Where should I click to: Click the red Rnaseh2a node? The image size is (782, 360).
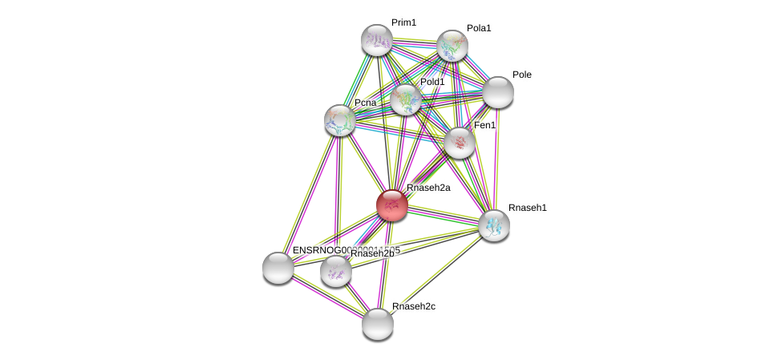[x=392, y=205]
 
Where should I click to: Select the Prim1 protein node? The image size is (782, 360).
[x=376, y=39]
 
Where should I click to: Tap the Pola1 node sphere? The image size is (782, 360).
[x=452, y=46]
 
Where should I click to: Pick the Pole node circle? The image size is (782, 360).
[x=498, y=92]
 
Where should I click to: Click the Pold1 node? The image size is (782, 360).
[x=406, y=99]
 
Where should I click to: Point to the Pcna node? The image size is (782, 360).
[x=340, y=120]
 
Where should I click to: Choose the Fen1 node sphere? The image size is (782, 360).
[x=460, y=143]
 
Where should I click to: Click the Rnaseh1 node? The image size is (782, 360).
[x=494, y=225]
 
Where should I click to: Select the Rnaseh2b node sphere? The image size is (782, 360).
[x=336, y=271]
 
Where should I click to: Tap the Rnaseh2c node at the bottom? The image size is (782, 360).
[x=378, y=324]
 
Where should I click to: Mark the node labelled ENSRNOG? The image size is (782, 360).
[x=278, y=268]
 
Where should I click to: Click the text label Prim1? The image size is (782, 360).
[x=403, y=22]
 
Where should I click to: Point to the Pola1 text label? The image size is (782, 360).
[x=479, y=28]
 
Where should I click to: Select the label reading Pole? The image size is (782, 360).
[x=521, y=75]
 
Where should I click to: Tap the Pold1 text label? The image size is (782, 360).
[x=432, y=82]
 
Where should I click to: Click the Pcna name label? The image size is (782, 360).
[x=365, y=103]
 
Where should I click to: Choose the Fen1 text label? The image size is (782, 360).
[x=484, y=125]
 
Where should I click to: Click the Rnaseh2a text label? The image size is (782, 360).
[x=428, y=188]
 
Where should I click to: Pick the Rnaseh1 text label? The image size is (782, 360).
[x=527, y=208]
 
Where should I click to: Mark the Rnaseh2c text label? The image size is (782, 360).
[x=413, y=306]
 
